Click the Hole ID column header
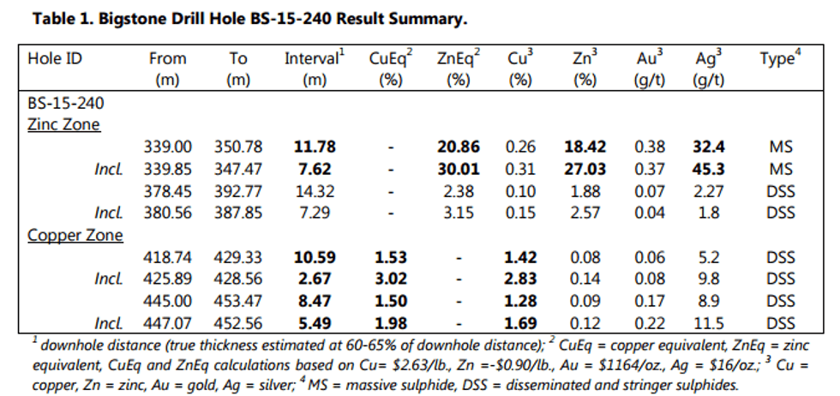[x=56, y=59]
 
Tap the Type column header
[x=778, y=59]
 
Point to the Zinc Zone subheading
[x=64, y=124]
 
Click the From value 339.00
[x=167, y=147]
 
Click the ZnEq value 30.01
[x=459, y=169]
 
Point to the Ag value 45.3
[x=711, y=169]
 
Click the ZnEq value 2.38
[x=459, y=191]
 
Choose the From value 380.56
[x=167, y=213]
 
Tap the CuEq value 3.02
[x=390, y=279]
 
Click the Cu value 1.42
[x=521, y=257]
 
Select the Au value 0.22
[x=650, y=323]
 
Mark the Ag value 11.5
[x=711, y=323]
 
